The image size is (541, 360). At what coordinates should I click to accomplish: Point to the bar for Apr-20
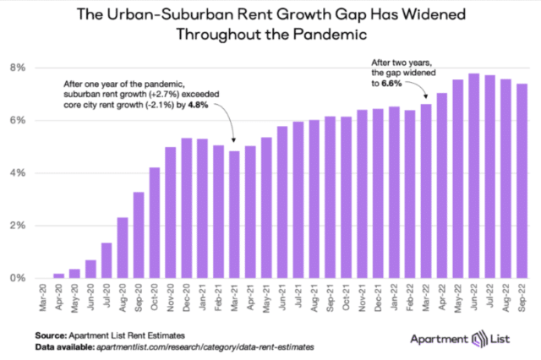58,275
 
